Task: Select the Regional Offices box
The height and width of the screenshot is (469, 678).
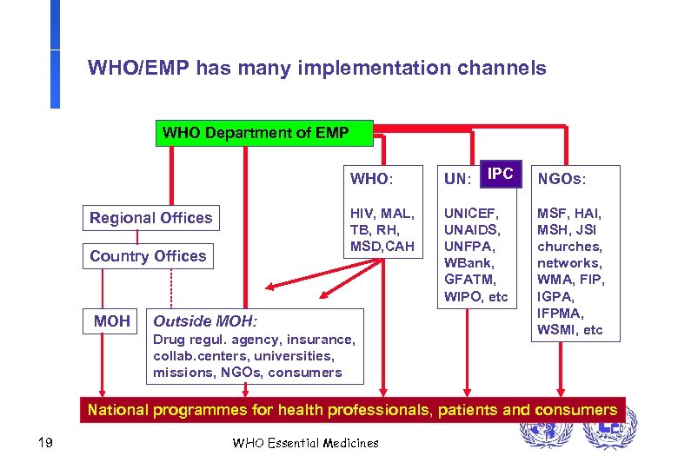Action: [x=151, y=218]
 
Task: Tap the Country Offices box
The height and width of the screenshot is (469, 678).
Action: [x=149, y=256]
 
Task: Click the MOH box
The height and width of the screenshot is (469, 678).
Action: [x=112, y=321]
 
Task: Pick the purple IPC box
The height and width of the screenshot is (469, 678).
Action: [x=500, y=174]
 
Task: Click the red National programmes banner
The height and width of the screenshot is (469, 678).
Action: [x=352, y=410]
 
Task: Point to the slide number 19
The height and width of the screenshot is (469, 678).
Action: [x=47, y=443]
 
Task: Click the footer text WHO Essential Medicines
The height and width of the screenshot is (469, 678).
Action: [x=306, y=443]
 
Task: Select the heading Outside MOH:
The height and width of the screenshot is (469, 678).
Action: [x=205, y=321]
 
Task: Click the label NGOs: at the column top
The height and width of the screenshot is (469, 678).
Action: [x=562, y=179]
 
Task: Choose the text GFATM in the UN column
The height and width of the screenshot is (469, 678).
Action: [x=471, y=280]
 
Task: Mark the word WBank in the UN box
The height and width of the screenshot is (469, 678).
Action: [x=469, y=263]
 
